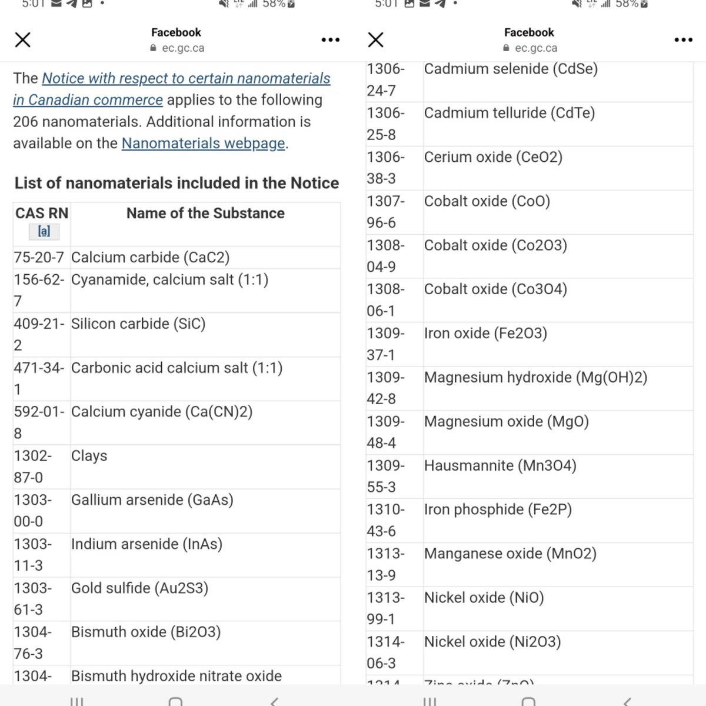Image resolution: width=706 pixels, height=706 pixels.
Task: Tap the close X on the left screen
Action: (23, 40)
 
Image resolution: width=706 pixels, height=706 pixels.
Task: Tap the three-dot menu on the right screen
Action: (683, 40)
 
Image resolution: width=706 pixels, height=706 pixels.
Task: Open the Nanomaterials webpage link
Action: (203, 143)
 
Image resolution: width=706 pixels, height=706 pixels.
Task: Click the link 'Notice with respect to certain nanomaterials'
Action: (186, 78)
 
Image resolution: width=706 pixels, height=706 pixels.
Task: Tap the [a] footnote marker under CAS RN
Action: (44, 231)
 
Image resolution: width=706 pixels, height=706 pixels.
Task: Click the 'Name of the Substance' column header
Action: (205, 213)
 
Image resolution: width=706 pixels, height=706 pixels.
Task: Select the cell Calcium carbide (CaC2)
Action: (150, 258)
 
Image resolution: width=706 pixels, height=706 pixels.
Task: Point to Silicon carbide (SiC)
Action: (138, 324)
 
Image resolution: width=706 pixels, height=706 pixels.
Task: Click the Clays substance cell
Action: (89, 456)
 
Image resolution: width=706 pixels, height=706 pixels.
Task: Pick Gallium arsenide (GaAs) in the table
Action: (152, 500)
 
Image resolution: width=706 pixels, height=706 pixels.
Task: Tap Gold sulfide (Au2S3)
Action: (139, 588)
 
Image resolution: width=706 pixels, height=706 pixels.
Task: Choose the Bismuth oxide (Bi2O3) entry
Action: (146, 632)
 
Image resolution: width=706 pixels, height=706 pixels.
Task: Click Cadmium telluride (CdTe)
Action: (509, 113)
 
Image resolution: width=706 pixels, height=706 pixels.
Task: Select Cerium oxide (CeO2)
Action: (493, 157)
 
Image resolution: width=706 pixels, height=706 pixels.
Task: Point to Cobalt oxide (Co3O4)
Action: (495, 289)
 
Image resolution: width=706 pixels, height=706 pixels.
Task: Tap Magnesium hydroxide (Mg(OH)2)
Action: (535, 377)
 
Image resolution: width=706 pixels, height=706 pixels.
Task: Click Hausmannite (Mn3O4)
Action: (500, 465)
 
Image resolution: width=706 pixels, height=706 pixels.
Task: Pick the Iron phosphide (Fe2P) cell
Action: (498, 509)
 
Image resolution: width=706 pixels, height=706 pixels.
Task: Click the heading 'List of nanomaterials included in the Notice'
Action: (176, 183)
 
